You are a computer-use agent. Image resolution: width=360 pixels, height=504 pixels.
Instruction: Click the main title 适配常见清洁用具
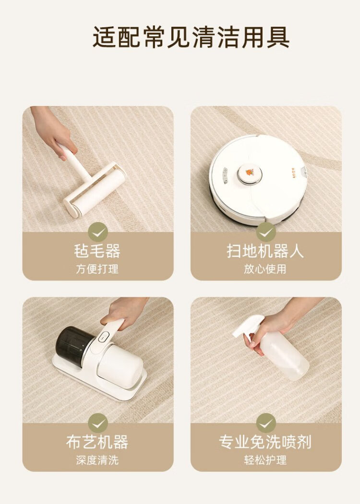(x=191, y=36)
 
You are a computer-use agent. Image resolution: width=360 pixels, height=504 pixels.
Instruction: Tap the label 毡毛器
(x=97, y=251)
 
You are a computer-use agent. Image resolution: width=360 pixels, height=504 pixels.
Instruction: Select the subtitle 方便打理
(x=97, y=269)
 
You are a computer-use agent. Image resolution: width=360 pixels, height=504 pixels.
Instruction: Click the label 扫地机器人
(x=265, y=251)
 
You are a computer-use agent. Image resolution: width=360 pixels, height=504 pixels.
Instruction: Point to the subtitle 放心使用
(x=265, y=269)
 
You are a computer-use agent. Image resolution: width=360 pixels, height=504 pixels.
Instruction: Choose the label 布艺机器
(x=97, y=442)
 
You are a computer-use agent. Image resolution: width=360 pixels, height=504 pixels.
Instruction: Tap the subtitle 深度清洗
(x=97, y=460)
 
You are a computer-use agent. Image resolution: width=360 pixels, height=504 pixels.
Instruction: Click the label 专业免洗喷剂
(x=265, y=442)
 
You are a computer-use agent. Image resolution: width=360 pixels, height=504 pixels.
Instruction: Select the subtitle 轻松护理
(x=265, y=460)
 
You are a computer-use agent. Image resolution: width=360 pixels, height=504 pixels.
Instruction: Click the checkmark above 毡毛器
(x=98, y=232)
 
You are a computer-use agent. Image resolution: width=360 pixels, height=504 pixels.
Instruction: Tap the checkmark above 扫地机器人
(x=266, y=232)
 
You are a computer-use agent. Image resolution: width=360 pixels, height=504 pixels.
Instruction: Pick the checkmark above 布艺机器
(x=98, y=423)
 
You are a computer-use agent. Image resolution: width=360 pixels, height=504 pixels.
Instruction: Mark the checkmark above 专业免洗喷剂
(x=266, y=423)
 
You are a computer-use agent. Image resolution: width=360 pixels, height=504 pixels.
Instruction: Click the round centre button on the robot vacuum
(x=250, y=175)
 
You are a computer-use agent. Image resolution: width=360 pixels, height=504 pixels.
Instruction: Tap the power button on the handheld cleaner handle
(x=103, y=336)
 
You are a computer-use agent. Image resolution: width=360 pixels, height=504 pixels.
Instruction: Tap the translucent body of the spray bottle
(x=285, y=356)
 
